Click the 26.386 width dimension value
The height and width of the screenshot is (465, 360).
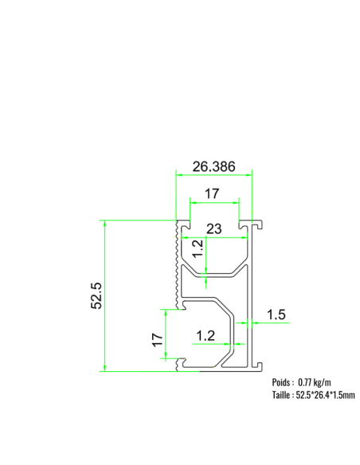213,166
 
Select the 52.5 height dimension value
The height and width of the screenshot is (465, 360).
96,295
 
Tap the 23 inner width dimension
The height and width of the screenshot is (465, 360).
213,229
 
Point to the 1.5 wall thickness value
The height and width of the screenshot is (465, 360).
276,315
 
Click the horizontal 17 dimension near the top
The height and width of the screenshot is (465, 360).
213,193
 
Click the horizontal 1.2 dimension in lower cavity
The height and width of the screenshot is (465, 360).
205,335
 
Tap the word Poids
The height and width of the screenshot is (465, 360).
283,382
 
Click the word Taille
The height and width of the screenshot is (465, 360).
283,394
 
